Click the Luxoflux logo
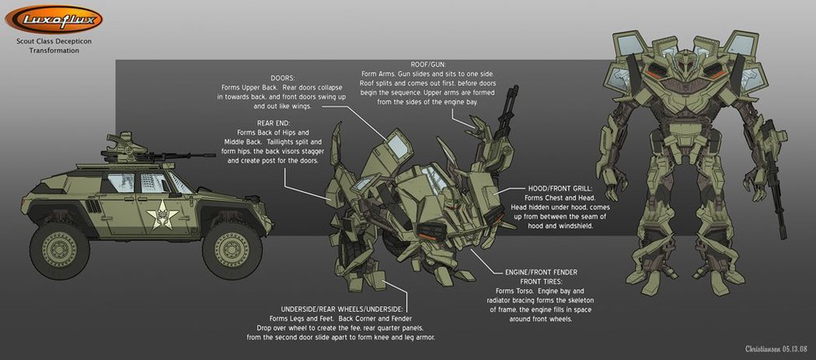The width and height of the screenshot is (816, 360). [54, 20]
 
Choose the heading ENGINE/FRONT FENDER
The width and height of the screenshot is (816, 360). [541, 272]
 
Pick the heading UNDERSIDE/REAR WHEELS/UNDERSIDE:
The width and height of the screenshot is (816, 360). [345, 309]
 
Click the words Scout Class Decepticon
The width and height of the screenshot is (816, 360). [54, 41]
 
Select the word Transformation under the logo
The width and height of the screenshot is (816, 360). [54, 51]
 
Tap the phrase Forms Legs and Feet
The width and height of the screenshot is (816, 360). [298, 318]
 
